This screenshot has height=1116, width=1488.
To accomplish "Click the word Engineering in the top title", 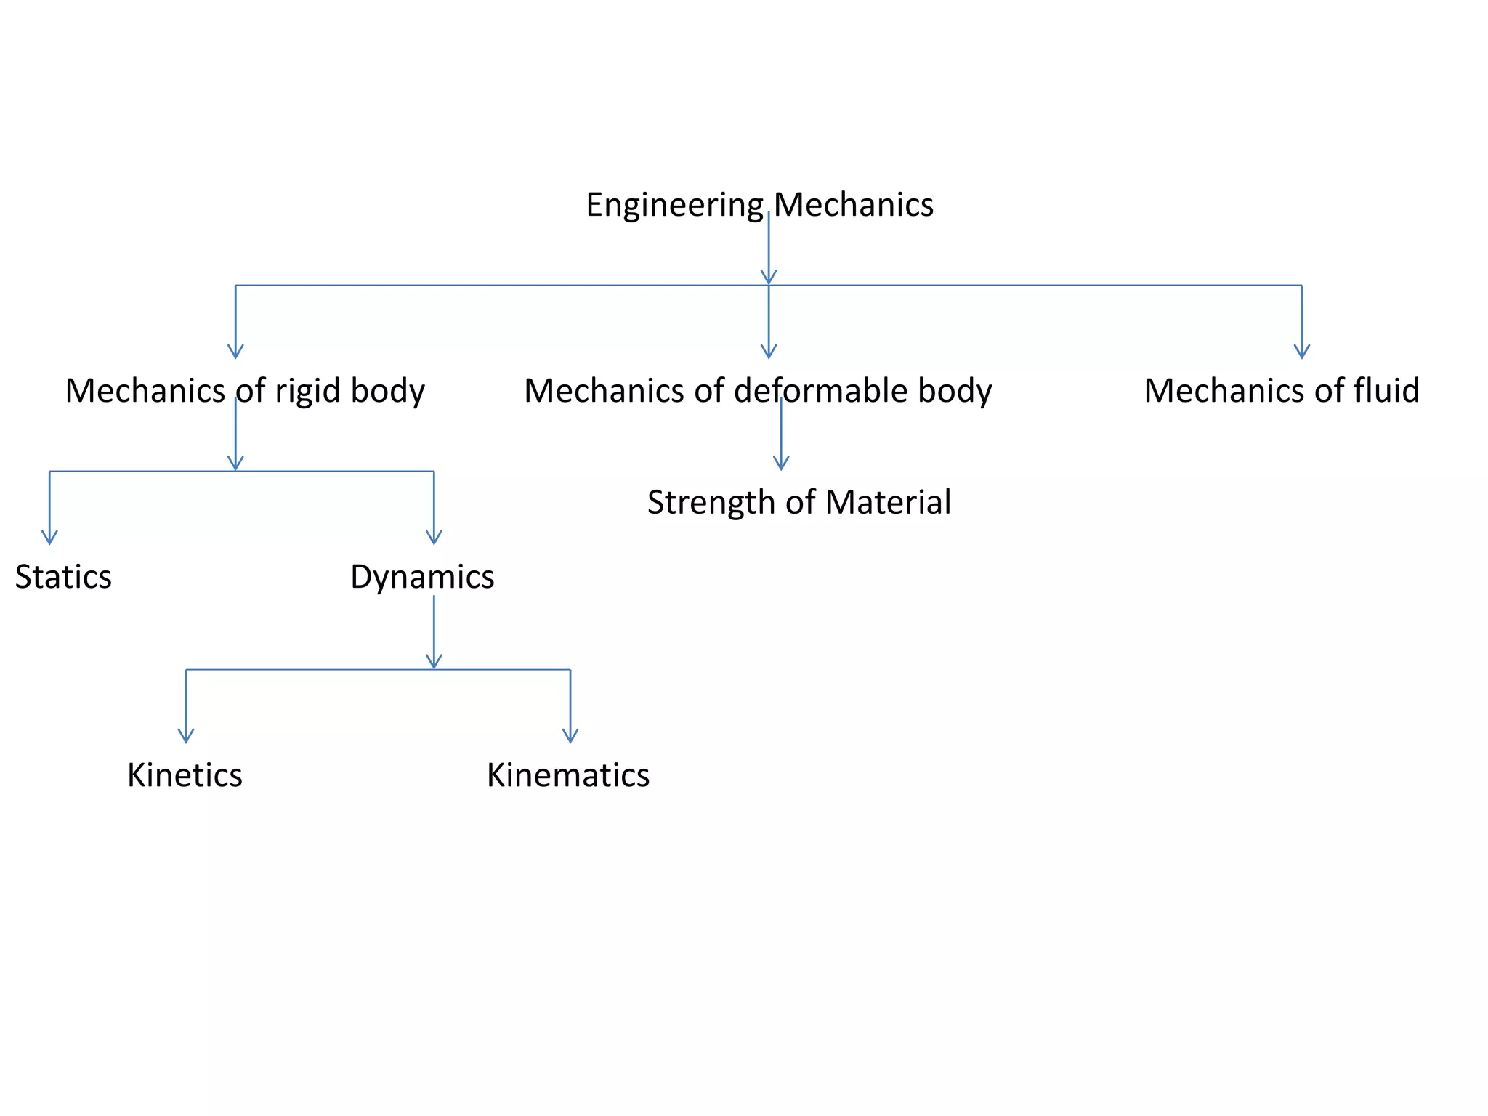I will [674, 206].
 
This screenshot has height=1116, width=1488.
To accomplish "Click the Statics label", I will [63, 577].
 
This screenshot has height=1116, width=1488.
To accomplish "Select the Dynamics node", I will [422, 577].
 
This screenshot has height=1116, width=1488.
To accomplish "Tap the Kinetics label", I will [185, 775].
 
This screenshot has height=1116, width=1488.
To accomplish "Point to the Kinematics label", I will [568, 775].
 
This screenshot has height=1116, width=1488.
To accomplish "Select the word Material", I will [888, 502].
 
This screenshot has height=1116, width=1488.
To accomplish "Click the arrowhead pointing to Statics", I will [49, 537].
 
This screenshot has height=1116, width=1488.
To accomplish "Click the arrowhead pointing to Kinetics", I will [186, 735].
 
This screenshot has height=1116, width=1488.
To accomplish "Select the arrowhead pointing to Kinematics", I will [570, 735].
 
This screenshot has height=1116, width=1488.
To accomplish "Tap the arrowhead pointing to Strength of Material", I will [781, 463].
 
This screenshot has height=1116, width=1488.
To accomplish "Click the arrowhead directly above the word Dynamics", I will [434, 537].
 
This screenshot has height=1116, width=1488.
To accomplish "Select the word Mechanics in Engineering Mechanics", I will [854, 205].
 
